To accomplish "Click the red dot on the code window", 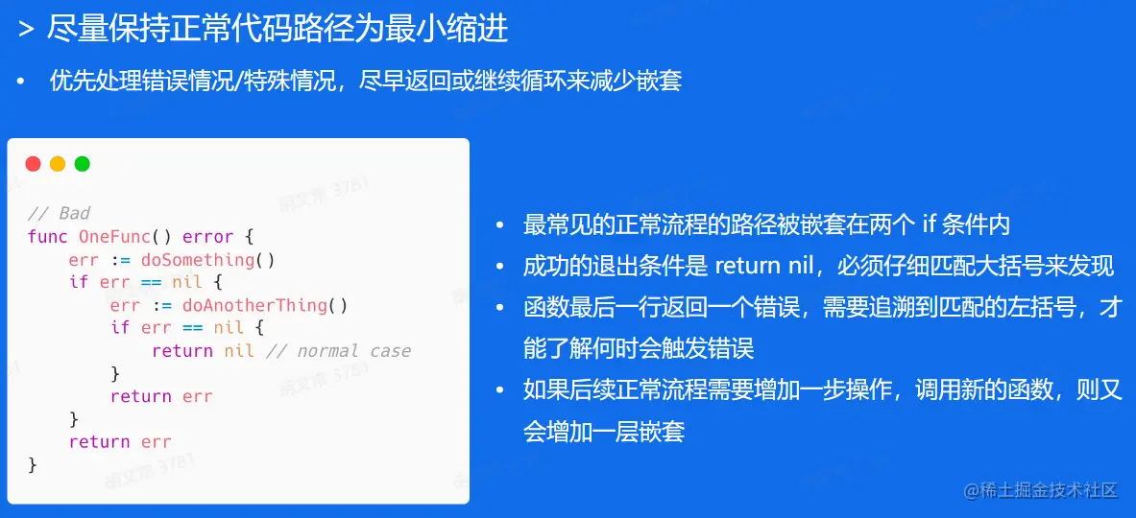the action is tap(34, 163).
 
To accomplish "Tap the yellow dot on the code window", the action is tap(58, 163).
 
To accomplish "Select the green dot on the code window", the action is tap(83, 163).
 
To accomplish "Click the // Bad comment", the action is tap(59, 213).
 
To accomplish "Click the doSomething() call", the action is tap(208, 259).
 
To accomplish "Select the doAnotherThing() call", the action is tap(265, 305).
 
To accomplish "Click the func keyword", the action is tap(48, 237).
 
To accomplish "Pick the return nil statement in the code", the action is tap(204, 351).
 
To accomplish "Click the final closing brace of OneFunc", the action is tap(32, 464).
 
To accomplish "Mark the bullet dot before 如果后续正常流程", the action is tap(499, 391).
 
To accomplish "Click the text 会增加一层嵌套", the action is tap(604, 432).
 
